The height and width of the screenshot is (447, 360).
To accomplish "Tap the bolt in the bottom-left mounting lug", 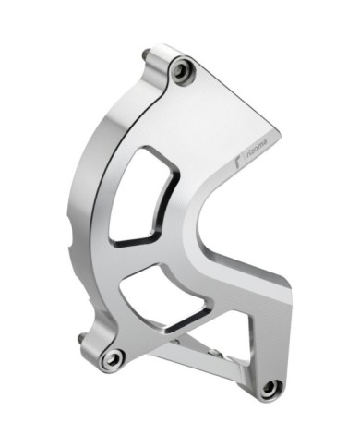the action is pyautogui.click(x=114, y=358).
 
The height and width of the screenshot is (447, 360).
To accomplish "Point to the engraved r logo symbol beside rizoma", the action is pyautogui.click(x=236, y=163).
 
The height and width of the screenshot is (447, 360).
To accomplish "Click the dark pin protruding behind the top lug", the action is pyautogui.click(x=145, y=54).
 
